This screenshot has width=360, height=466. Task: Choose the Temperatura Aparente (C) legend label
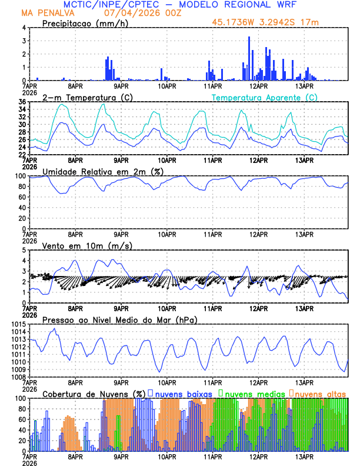[x=264, y=97]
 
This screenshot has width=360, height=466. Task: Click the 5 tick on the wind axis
[x=24, y=250]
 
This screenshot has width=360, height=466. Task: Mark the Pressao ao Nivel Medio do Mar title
[x=119, y=319]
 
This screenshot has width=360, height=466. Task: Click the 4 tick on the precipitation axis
[x=24, y=28]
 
